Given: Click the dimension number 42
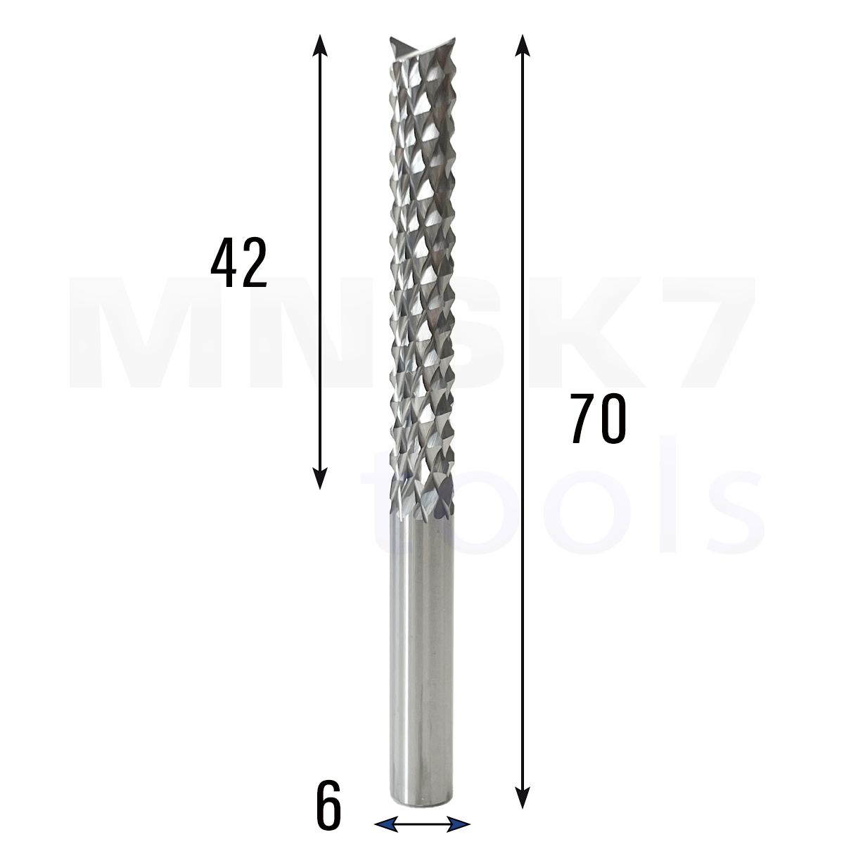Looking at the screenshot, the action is point(238,262).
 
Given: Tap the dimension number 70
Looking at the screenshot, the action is point(599,418).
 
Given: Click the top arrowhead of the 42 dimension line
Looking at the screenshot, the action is point(320,45).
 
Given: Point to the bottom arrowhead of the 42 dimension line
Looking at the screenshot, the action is point(320,478).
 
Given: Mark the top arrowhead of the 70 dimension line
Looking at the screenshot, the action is point(522,45).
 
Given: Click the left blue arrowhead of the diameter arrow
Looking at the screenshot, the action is point(385,824).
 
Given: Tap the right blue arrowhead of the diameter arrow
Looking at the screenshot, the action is point(459,824).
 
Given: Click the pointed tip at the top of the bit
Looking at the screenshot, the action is point(391,40).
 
